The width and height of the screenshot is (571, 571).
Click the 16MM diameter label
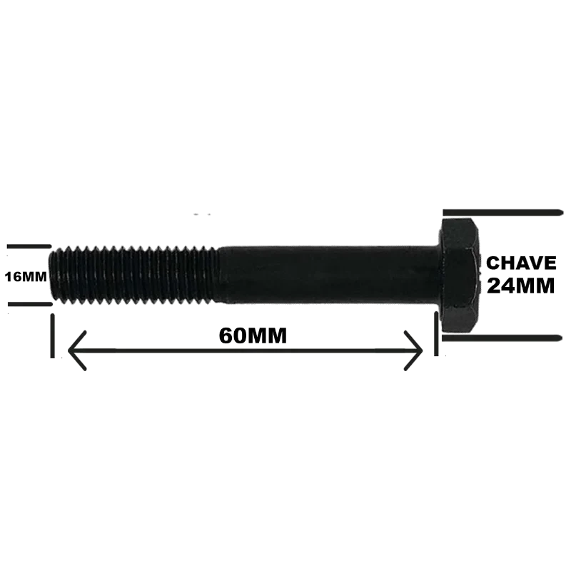[x=26, y=277]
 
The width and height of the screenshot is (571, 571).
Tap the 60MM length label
[x=253, y=335]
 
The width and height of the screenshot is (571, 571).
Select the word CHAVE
[x=521, y=263]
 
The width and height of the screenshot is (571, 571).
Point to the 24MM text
[x=521, y=285]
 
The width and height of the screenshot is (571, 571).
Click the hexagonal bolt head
[x=459, y=276]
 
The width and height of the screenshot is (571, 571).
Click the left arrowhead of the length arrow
[x=77, y=350]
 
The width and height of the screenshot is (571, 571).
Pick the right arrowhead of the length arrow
[x=413, y=350]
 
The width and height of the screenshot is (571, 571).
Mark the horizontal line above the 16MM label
[x=29, y=246]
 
